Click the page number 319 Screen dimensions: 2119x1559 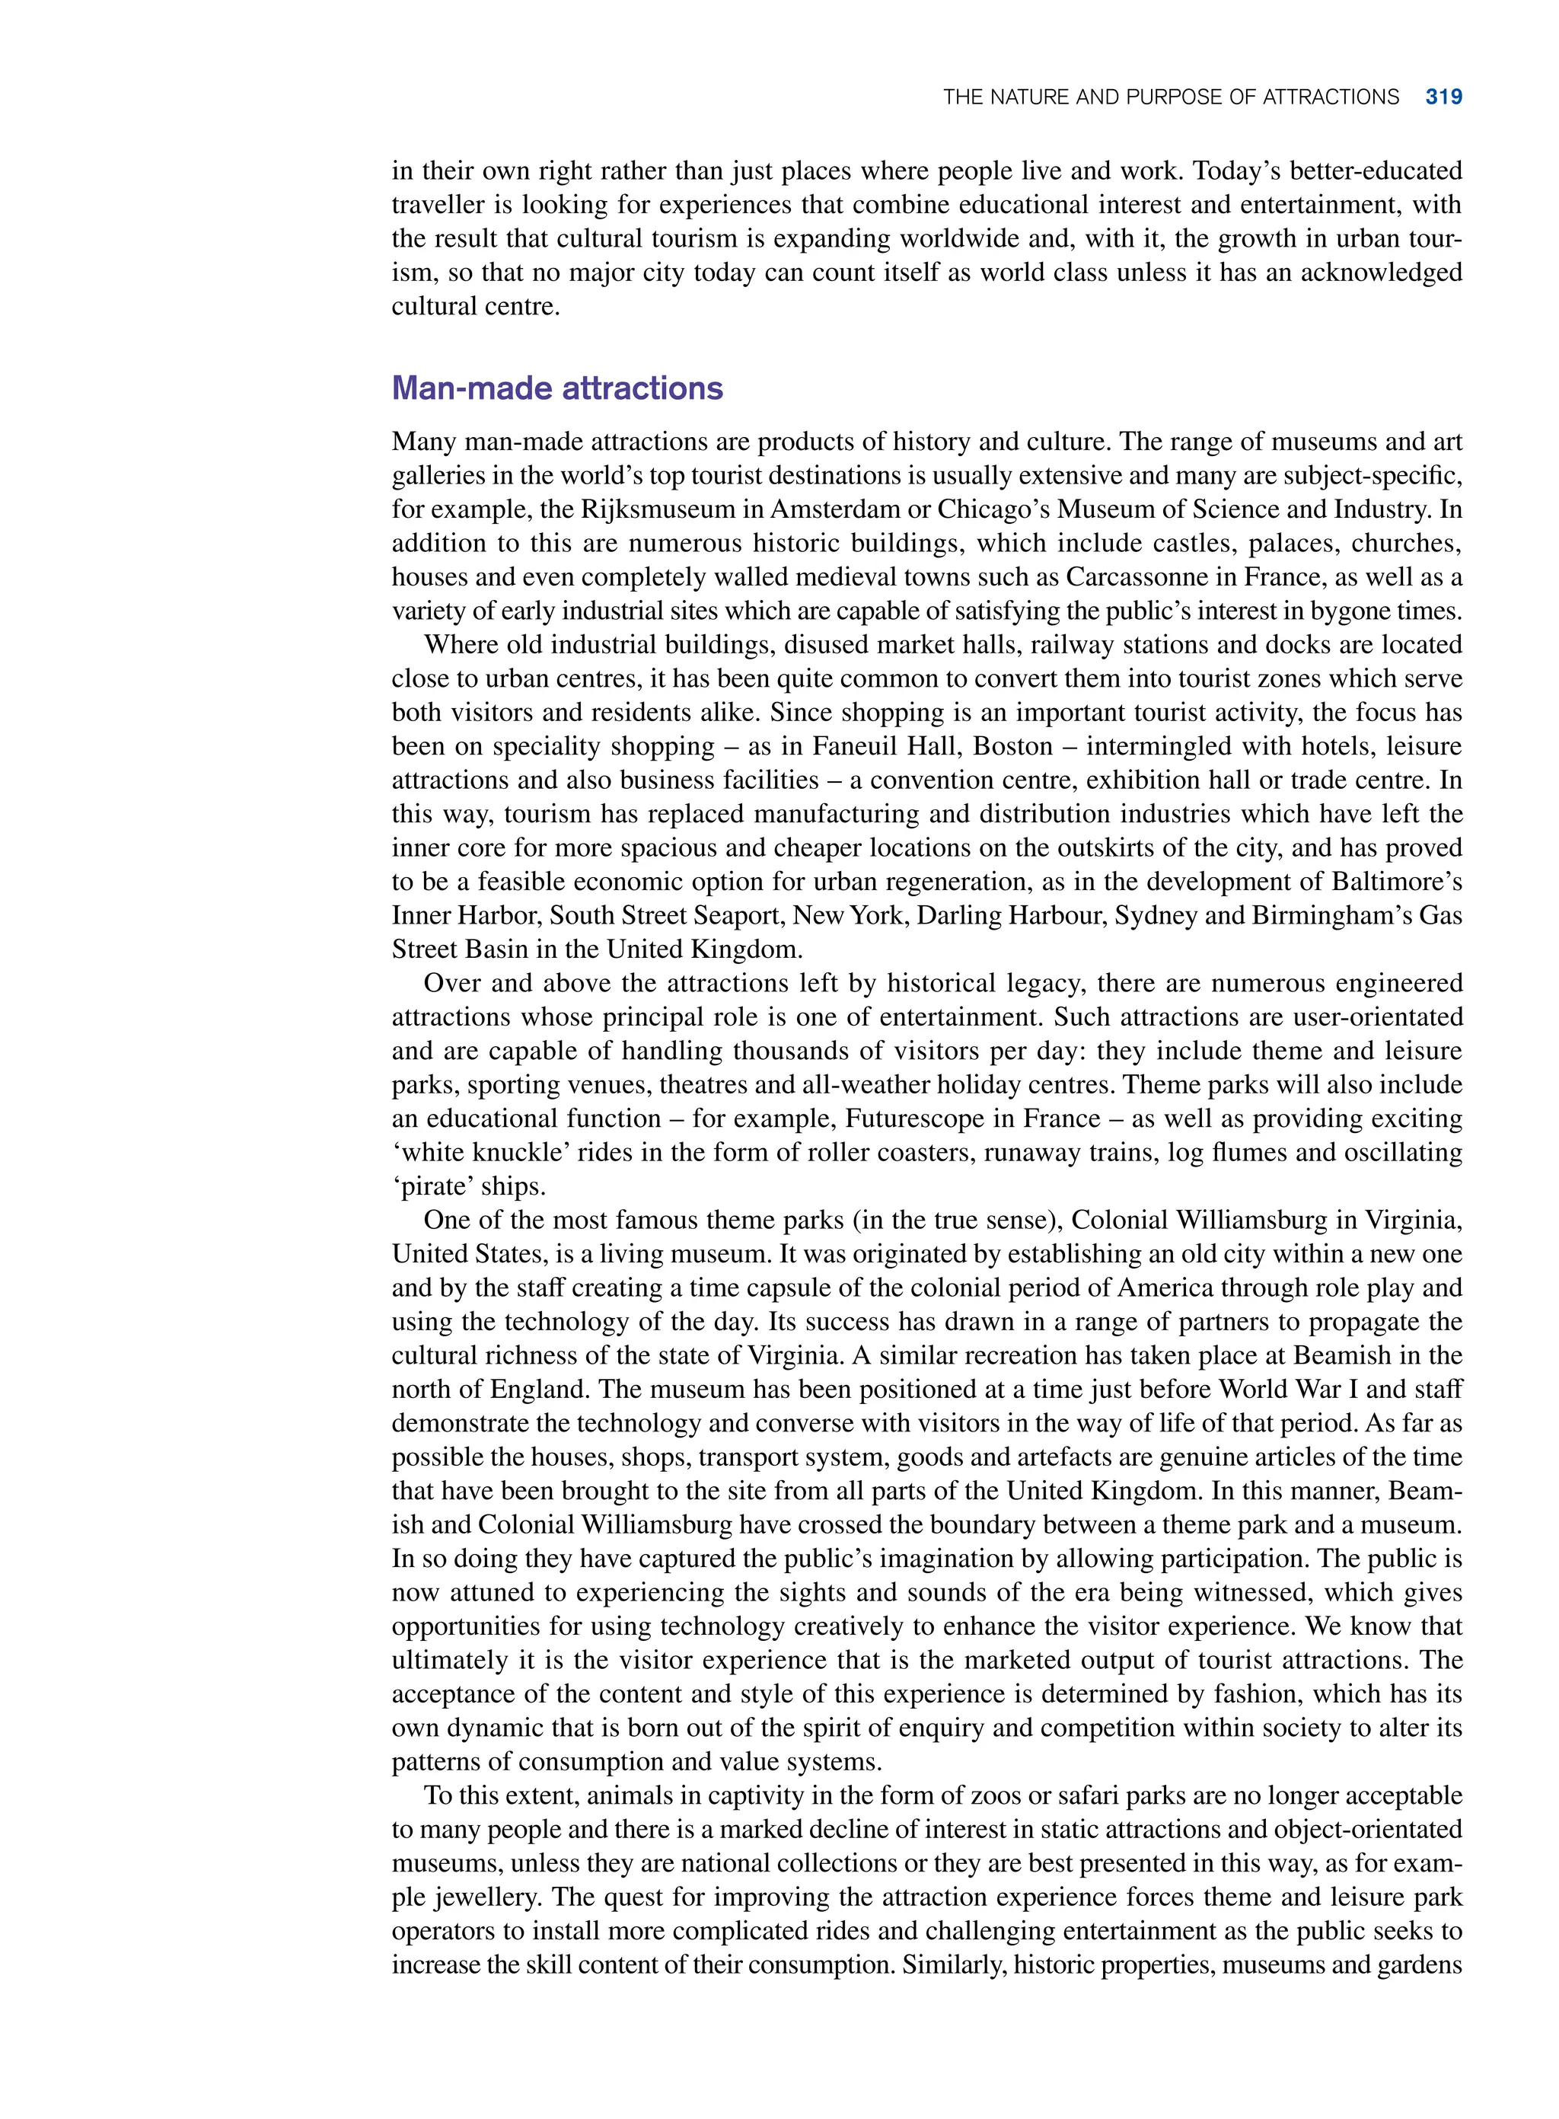coord(1443,97)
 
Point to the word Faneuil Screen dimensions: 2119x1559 coord(856,747)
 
